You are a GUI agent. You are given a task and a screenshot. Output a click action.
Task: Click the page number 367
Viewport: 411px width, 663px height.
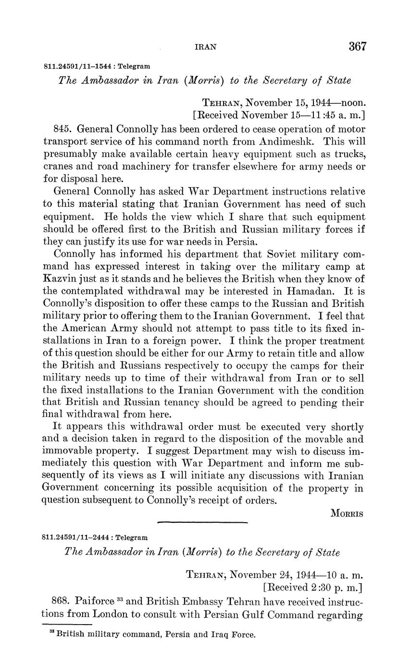pos(358,47)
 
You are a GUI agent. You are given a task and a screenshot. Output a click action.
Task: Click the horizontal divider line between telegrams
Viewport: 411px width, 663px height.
pos(202,522)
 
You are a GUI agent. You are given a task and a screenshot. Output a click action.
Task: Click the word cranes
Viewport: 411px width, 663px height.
pos(59,167)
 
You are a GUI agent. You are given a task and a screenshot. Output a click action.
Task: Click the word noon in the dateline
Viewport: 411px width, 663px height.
pos(353,103)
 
